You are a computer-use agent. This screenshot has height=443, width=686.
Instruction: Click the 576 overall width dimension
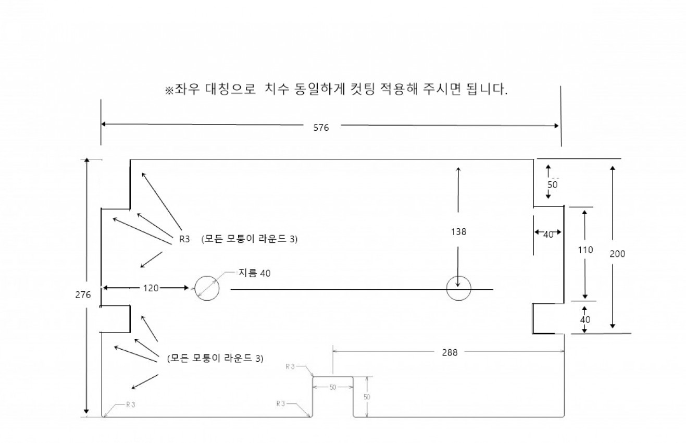pyautogui.click(x=321, y=128)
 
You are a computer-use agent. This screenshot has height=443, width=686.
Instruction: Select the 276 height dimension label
pyautogui.click(x=83, y=294)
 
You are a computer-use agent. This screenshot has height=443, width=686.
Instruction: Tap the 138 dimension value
pyautogui.click(x=458, y=231)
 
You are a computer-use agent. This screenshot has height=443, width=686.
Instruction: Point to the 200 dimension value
pyautogui.click(x=617, y=254)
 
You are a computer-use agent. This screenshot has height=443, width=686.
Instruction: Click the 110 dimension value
pyautogui.click(x=585, y=250)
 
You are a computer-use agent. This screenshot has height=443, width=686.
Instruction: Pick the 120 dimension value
pyautogui.click(x=151, y=288)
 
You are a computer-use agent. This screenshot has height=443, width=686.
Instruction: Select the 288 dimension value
pyautogui.click(x=450, y=353)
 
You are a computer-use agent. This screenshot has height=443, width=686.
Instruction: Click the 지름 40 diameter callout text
pyautogui.click(x=255, y=273)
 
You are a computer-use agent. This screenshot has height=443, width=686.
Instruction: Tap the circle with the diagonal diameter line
pyautogui.click(x=207, y=288)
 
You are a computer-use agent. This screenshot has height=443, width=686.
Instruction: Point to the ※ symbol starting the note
pyautogui.click(x=169, y=90)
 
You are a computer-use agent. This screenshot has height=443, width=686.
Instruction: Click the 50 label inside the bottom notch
pyautogui.click(x=333, y=387)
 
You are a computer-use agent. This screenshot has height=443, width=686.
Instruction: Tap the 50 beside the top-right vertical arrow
pyautogui.click(x=553, y=184)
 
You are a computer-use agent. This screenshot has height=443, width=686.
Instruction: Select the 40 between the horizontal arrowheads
pyautogui.click(x=548, y=235)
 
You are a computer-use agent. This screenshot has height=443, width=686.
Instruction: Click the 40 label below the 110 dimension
pyautogui.click(x=585, y=319)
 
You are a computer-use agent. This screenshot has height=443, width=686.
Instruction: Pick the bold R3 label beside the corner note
pyautogui.click(x=184, y=239)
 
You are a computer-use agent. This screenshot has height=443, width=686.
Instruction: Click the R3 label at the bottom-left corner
pyautogui.click(x=131, y=405)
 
